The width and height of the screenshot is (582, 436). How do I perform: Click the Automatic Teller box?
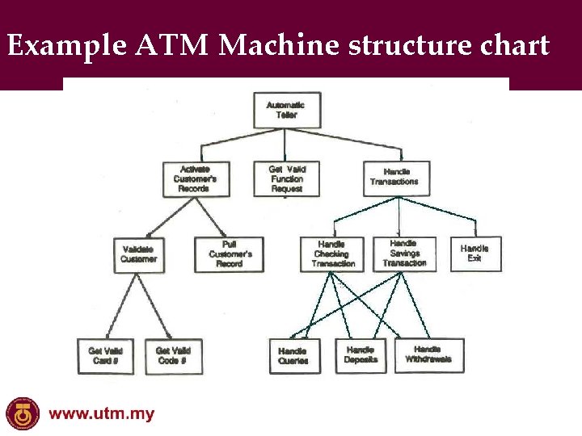click(286, 110)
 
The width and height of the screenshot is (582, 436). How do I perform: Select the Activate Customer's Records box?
click(195, 178)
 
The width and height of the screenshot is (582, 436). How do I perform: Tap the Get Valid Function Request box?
click(286, 178)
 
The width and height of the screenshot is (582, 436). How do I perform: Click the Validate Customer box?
click(139, 254)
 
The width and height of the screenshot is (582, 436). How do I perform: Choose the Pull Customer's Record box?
click(229, 254)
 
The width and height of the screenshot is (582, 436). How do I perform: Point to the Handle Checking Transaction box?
click(333, 254)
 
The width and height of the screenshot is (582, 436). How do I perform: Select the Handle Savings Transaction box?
click(404, 254)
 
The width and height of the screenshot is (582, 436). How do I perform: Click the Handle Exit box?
click(475, 254)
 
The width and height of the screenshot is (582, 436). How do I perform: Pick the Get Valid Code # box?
click(174, 355)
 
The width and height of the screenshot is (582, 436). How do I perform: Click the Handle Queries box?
click(293, 356)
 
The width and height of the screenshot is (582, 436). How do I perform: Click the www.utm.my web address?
click(102, 415)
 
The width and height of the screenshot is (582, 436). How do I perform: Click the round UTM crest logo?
click(22, 413)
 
